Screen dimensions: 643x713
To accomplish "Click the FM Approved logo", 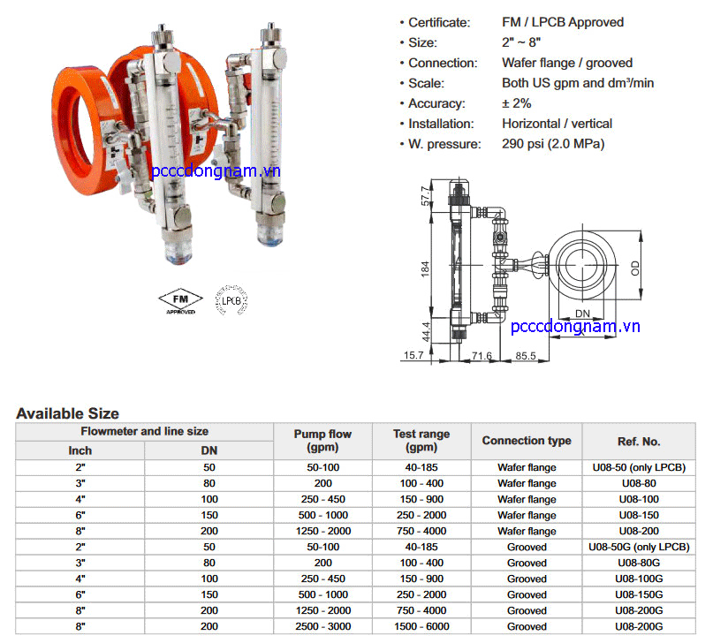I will click(180, 301).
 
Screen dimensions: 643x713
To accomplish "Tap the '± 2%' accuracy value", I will click(517, 103).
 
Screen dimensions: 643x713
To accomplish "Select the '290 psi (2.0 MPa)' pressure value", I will click(553, 144).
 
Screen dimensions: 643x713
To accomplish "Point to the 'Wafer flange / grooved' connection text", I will click(567, 63).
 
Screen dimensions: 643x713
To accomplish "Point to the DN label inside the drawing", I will click(583, 314).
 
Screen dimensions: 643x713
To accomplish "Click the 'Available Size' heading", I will click(67, 413).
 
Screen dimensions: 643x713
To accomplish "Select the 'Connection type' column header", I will click(527, 441).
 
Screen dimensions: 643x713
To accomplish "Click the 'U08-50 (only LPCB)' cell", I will click(639, 467).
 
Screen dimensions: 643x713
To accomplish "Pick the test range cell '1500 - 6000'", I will click(421, 626).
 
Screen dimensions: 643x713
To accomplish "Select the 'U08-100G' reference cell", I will click(639, 579).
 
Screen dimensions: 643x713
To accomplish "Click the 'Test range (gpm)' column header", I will click(421, 441).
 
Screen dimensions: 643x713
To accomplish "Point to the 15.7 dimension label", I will click(413, 355).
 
